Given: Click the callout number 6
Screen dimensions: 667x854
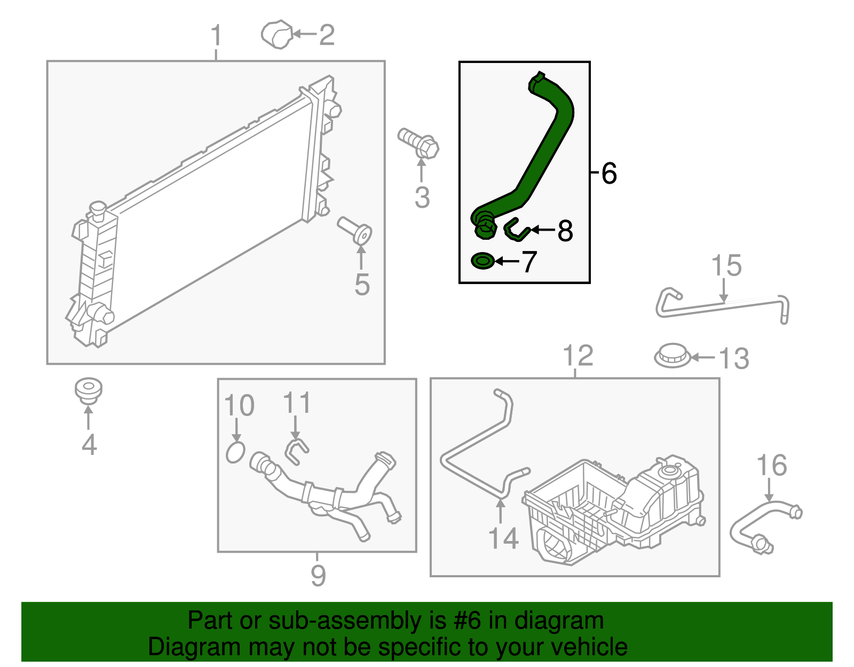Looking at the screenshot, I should pos(609,174).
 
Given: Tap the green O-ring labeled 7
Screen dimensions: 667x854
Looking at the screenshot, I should pos(483,261).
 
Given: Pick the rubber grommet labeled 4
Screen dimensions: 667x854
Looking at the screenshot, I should pos(88,391).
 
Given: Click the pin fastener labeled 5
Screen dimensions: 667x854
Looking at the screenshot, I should pos(355,230).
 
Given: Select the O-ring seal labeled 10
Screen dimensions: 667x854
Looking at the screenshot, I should pos(235,452).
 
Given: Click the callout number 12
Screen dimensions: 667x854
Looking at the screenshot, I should pos(578,356).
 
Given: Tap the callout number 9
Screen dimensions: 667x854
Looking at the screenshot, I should pos(318,576).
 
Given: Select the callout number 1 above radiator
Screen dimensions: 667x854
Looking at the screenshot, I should pos(216,36).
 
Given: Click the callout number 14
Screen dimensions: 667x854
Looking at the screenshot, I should pos(503,538).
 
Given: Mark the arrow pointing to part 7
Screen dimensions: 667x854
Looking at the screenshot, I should pos(507,261).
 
